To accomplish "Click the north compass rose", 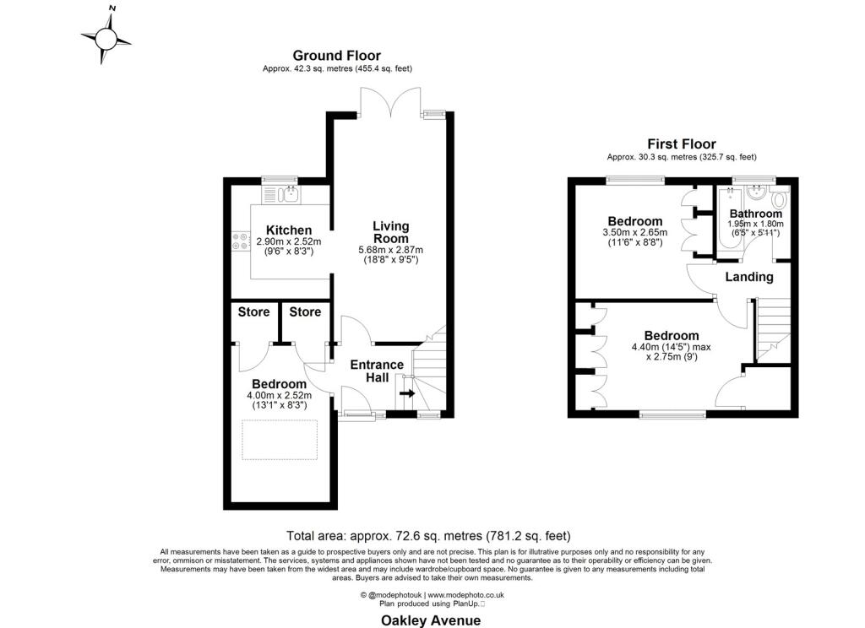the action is (x=106, y=39).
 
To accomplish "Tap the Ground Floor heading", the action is (x=336, y=56).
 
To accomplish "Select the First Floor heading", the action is (x=682, y=144).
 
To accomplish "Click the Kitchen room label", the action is (x=289, y=230).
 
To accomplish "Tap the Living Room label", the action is (x=390, y=232).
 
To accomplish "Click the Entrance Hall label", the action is (x=377, y=371).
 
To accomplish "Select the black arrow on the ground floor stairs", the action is (x=408, y=393).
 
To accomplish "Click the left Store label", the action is (x=253, y=312).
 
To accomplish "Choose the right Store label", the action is (x=305, y=312).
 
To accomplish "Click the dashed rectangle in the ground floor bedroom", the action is (x=280, y=440).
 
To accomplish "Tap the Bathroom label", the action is (x=756, y=214).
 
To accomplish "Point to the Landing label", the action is (x=748, y=277).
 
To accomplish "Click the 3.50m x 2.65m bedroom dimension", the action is (x=635, y=233).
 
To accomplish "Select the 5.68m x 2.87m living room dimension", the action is (x=390, y=250).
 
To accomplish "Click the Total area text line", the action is (x=428, y=535).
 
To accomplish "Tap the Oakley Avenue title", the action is (x=431, y=620).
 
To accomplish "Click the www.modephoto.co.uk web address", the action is (x=466, y=595).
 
